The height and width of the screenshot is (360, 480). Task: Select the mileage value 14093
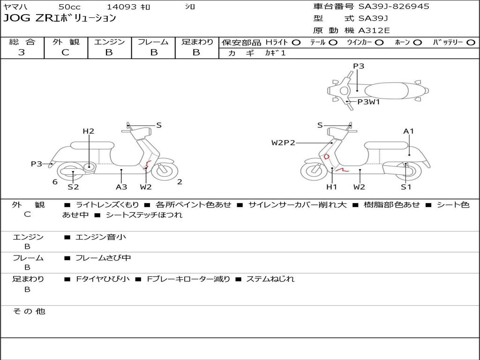click(121, 7)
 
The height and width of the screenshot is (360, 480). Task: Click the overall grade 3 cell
click(22, 52)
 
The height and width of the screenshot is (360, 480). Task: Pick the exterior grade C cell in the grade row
click(65, 52)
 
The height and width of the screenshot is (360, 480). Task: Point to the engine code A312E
click(374, 30)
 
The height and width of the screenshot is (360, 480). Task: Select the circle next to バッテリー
click(471, 42)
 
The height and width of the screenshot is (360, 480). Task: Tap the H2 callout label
click(89, 131)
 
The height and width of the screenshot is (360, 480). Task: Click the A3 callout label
click(121, 187)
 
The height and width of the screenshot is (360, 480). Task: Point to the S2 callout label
click(73, 187)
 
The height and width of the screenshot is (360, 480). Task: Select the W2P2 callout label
click(283, 142)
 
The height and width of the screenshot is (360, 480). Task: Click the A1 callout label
click(409, 131)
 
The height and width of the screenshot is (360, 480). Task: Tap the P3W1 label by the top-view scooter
click(368, 101)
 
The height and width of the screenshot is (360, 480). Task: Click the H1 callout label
click(331, 187)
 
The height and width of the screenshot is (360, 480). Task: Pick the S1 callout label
click(406, 187)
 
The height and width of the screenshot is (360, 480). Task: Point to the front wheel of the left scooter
click(163, 172)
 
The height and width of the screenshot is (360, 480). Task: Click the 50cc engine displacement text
click(69, 7)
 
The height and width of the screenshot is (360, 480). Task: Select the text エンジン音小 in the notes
click(101, 237)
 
